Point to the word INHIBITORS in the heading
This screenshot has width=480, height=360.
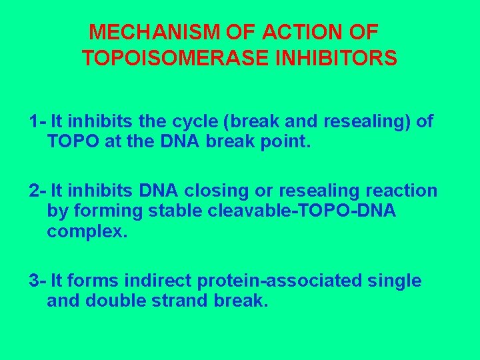tap(339, 59)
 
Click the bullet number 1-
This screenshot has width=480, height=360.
tap(37, 122)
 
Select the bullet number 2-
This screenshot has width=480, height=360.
tap(37, 191)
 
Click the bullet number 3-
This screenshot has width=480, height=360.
tap(37, 281)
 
